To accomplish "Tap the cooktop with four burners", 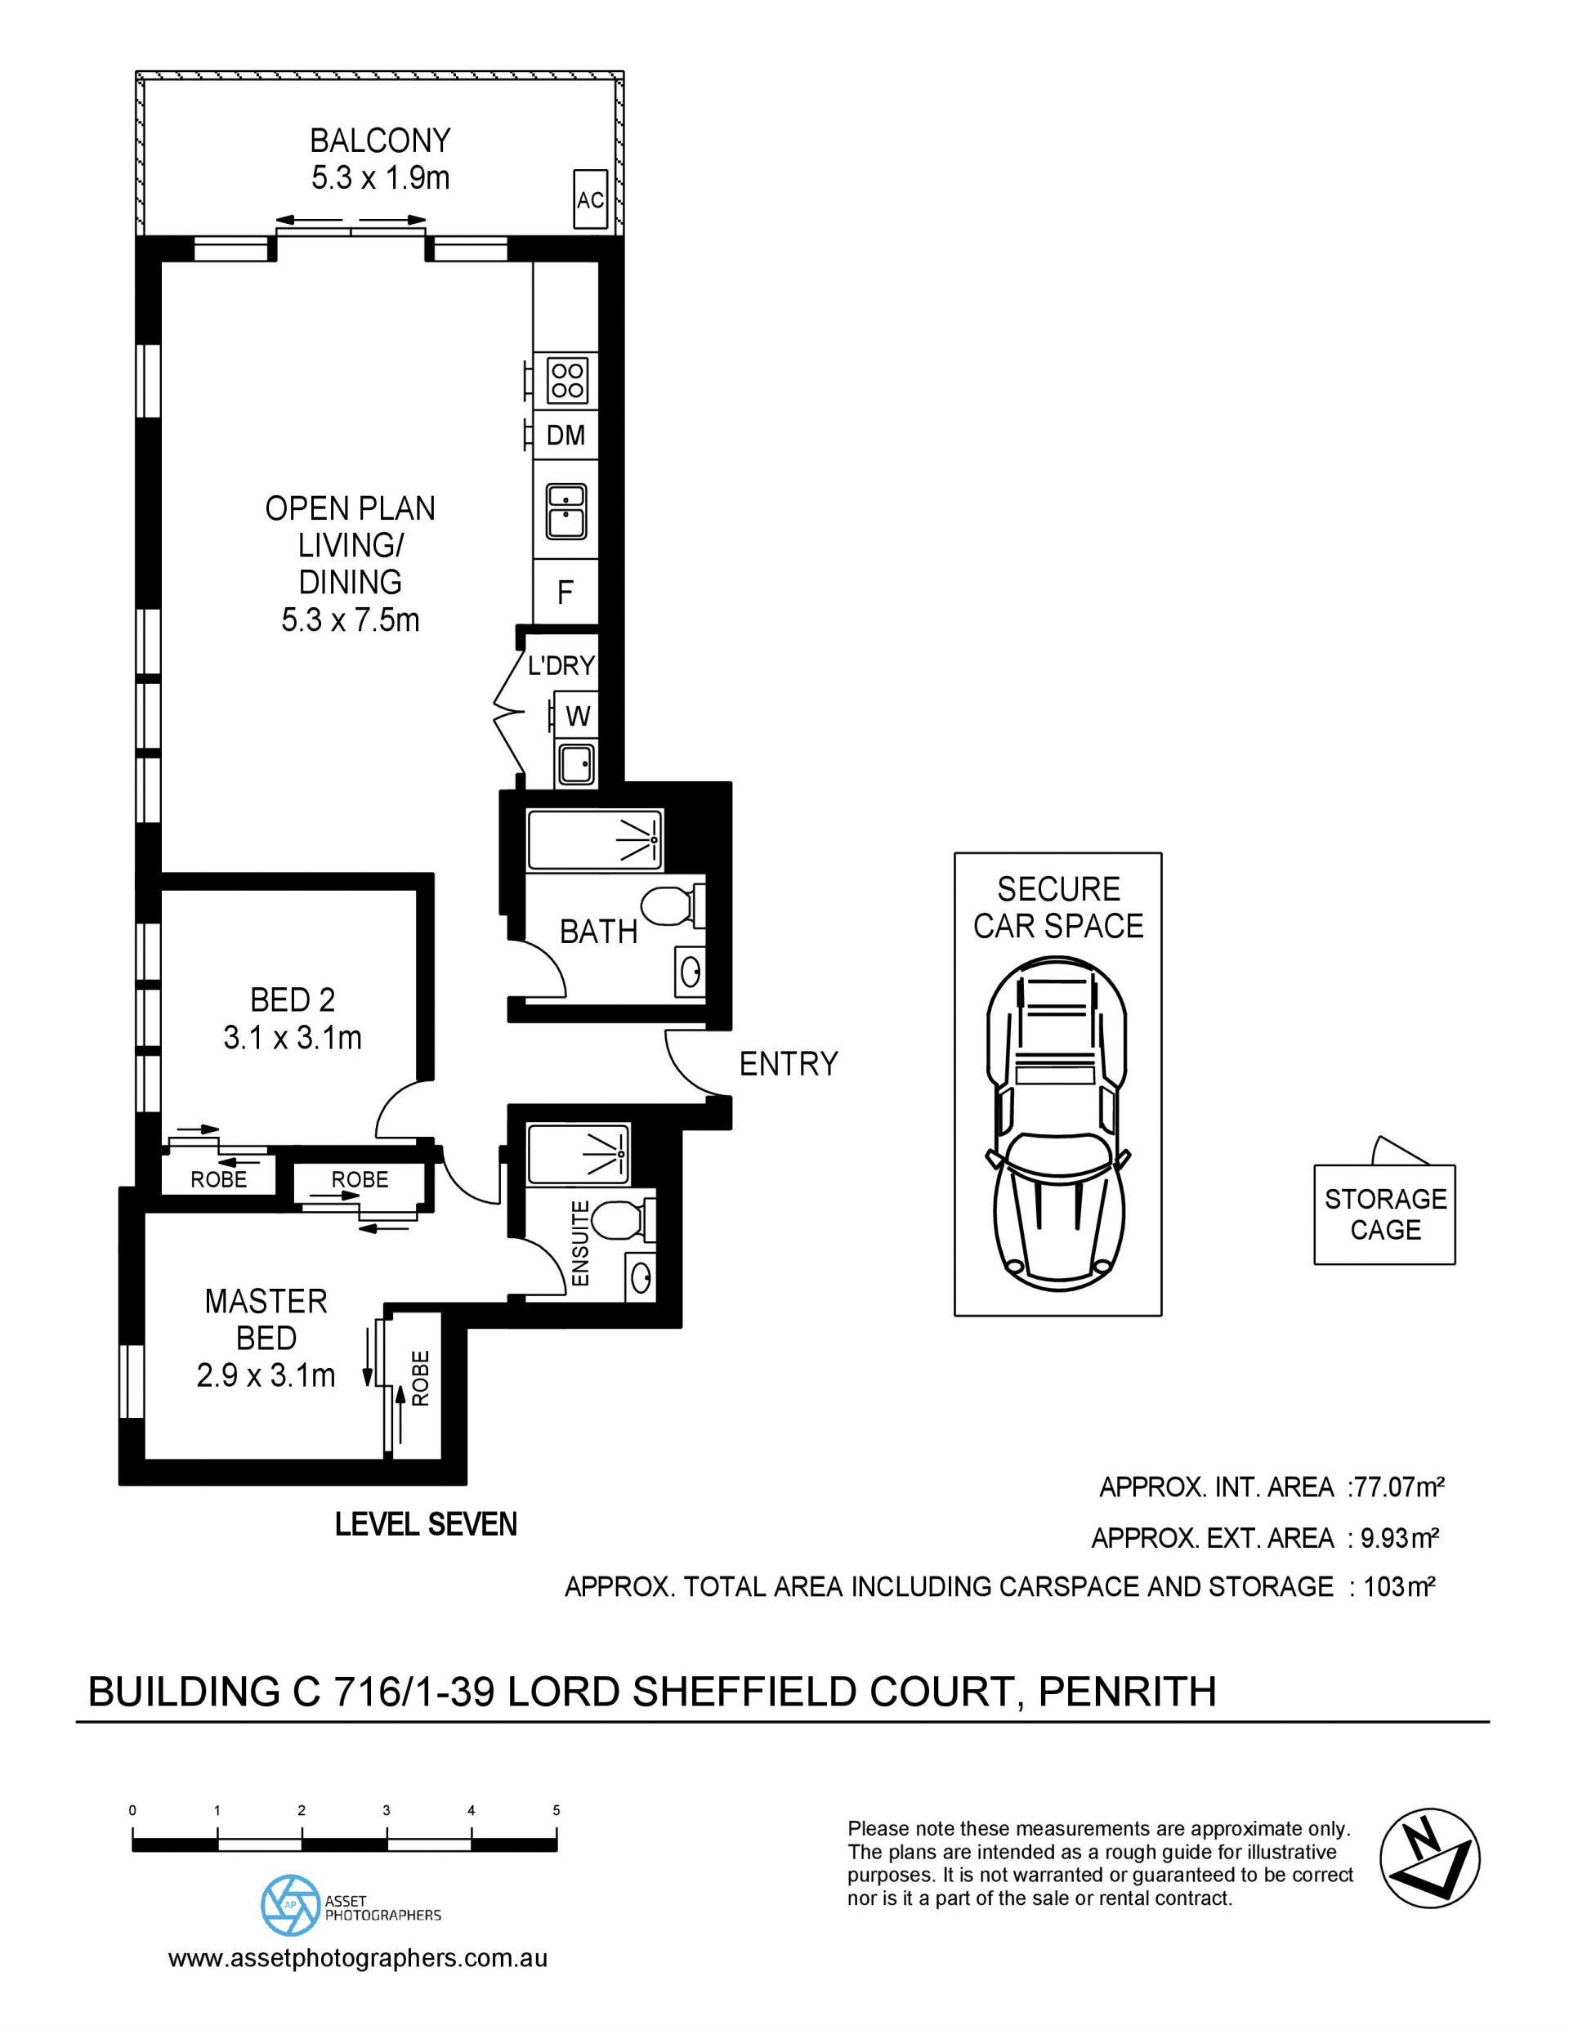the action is (566, 379).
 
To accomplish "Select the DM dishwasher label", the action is (566, 434).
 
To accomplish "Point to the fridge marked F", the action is (565, 592).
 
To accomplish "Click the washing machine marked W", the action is (577, 716).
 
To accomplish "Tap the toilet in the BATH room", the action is (674, 905).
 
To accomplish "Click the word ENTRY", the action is (789, 1063).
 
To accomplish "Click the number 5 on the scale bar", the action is (556, 1811).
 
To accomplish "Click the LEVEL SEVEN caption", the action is (426, 1524).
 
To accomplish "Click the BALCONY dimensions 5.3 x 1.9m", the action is (380, 177).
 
